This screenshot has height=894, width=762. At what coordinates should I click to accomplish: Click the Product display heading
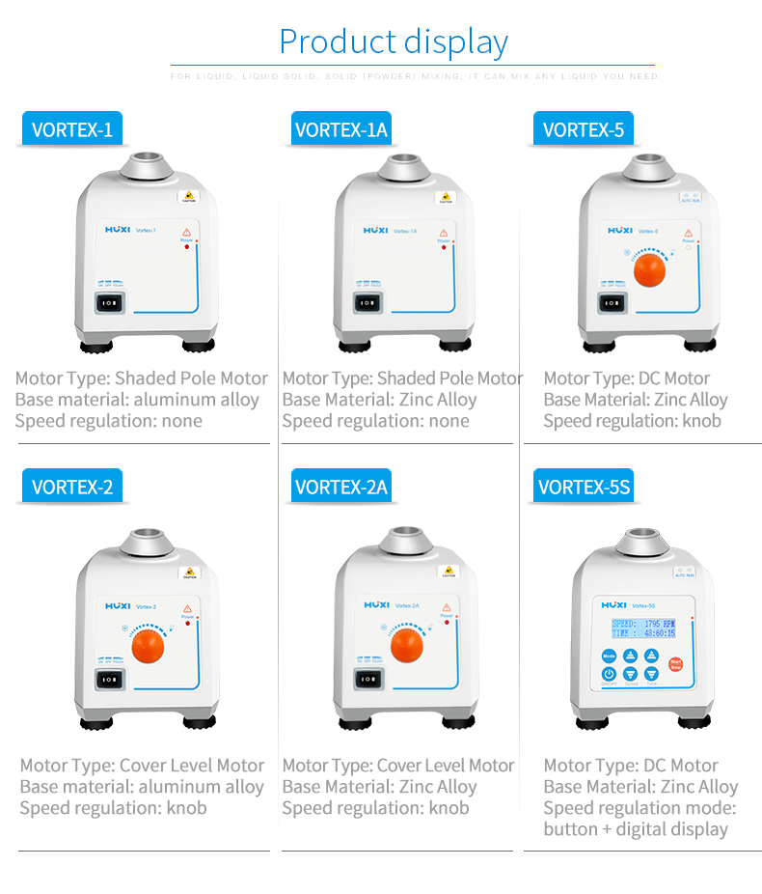[x=393, y=42]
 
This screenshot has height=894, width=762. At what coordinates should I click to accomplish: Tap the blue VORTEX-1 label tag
[x=72, y=129]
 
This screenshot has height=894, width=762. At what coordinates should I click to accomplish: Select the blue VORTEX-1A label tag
[x=340, y=129]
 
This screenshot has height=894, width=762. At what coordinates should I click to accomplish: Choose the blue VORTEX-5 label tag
[x=583, y=129]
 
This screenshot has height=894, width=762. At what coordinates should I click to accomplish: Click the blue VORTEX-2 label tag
[x=72, y=487]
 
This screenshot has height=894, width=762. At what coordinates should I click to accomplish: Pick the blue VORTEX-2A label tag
[x=340, y=487]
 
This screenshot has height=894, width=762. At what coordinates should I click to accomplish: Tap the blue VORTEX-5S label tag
[x=584, y=487]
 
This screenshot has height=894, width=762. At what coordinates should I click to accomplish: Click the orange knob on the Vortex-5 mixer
[x=649, y=269]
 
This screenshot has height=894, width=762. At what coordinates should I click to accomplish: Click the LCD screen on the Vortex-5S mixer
[x=642, y=629]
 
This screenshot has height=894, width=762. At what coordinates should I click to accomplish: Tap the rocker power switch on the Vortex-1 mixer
[x=112, y=303]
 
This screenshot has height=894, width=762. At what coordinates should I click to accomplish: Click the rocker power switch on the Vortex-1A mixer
[x=367, y=303]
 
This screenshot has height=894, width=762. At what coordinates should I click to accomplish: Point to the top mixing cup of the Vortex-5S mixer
[x=642, y=543]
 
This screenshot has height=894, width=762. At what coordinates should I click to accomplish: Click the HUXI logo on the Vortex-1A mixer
[x=376, y=231]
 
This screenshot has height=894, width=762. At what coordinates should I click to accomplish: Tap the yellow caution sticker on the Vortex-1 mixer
[x=188, y=197]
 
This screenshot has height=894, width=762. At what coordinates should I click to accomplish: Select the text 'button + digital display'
[x=635, y=829]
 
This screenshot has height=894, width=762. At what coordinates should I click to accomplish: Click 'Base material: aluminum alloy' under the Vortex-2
[x=141, y=787]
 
